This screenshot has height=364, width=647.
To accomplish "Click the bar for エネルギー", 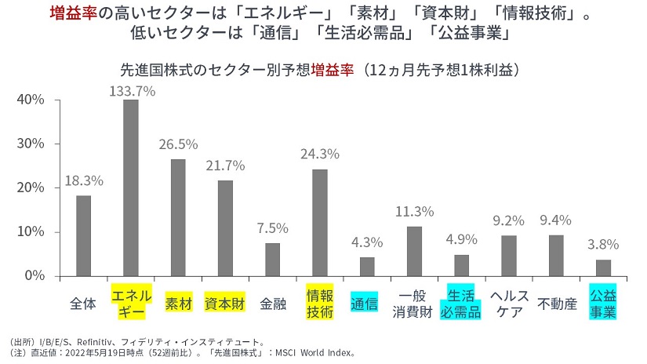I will (131, 187).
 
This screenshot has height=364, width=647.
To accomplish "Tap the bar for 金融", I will (272, 259).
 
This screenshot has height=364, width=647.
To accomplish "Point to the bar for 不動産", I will (556, 255).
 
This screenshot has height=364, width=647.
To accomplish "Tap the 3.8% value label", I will (603, 243).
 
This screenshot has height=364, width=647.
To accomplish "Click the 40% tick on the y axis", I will (32, 100).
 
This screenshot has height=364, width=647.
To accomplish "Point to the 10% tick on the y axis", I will (32, 232).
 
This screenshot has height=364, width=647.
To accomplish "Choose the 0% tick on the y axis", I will (35, 276).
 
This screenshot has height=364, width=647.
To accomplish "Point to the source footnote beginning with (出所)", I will (142, 341).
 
